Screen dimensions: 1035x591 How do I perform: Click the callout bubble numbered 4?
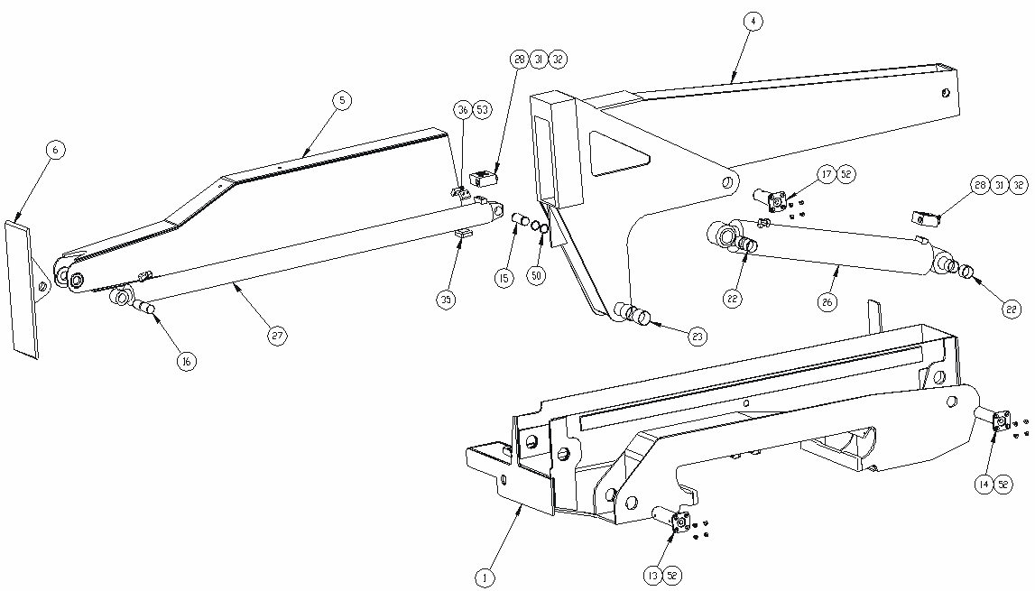point(753,21)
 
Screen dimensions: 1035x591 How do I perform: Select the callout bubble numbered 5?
point(341,100)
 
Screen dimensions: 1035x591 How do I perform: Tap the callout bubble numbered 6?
point(55,150)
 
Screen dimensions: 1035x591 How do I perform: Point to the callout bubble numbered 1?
point(485,578)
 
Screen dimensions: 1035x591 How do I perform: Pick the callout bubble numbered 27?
point(277,336)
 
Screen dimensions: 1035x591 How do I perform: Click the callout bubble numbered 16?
point(187,361)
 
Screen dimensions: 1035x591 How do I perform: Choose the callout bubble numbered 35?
point(446,300)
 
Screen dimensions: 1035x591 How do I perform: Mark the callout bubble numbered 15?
point(504,278)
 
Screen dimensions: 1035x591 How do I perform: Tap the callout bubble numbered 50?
point(537,274)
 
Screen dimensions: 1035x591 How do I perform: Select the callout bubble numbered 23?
point(698,337)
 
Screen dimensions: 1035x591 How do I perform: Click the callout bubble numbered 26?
point(827,302)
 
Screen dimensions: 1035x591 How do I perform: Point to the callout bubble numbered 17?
point(827,174)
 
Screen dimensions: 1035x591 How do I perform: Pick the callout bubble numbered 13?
point(653,576)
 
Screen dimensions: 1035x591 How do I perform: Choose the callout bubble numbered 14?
point(984,484)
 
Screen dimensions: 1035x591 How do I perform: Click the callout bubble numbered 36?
point(463,109)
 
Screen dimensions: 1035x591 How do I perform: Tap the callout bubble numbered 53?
point(483,109)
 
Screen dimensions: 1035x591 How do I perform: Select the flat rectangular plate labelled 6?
point(22,290)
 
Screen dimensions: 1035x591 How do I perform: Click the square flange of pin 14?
point(1002,420)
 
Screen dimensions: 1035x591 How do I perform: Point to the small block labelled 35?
point(463,232)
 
